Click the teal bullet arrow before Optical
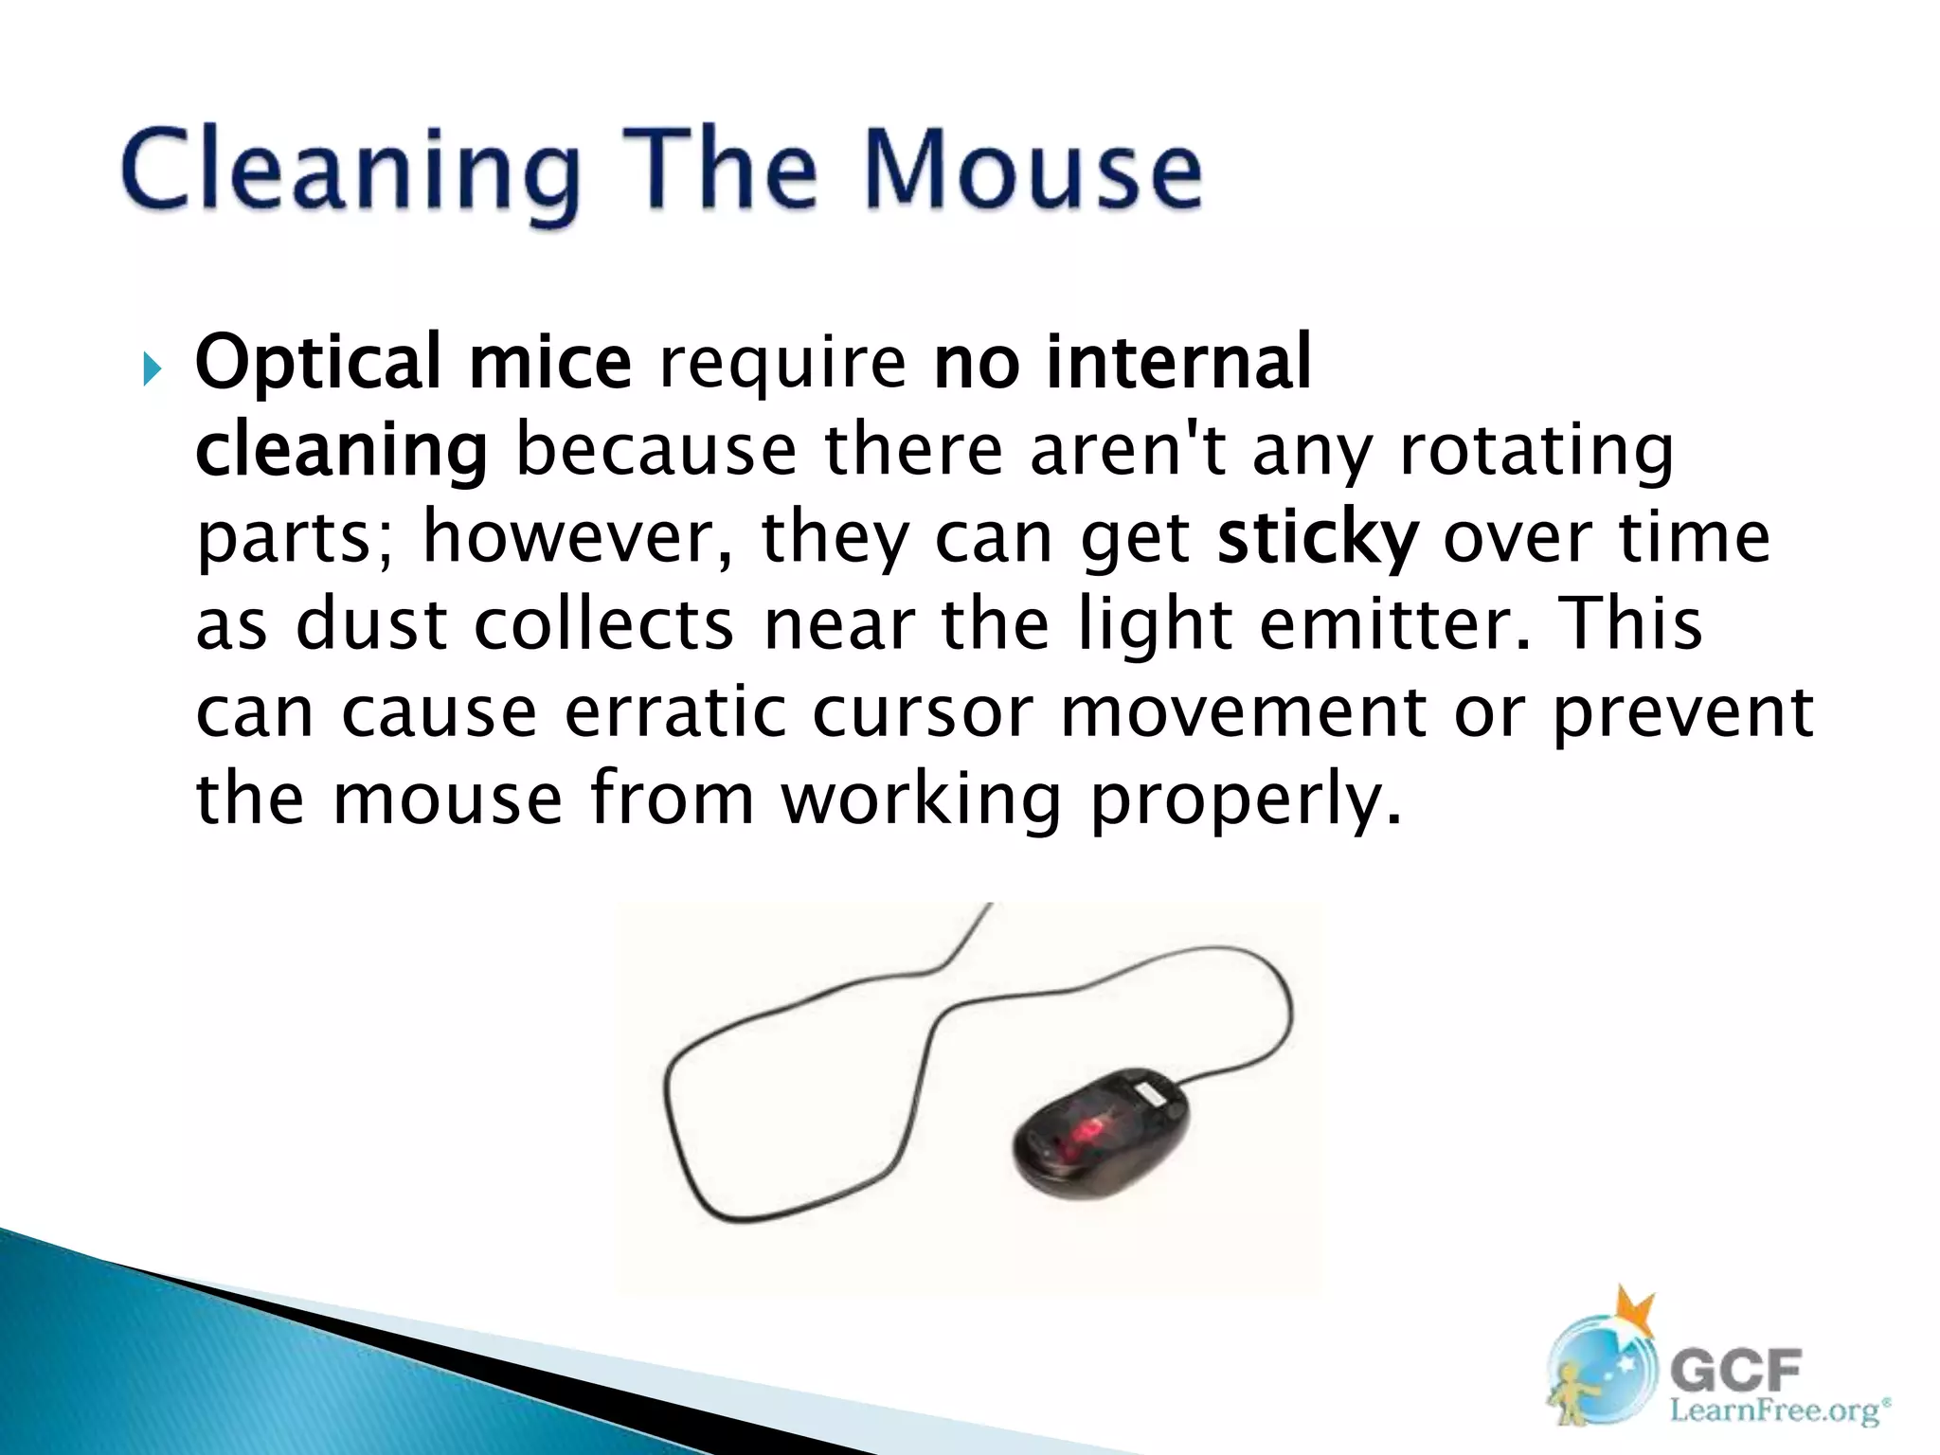[153, 368]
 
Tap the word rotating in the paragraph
[1536, 451]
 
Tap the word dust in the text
[370, 625]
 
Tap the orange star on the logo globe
[1636, 1312]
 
